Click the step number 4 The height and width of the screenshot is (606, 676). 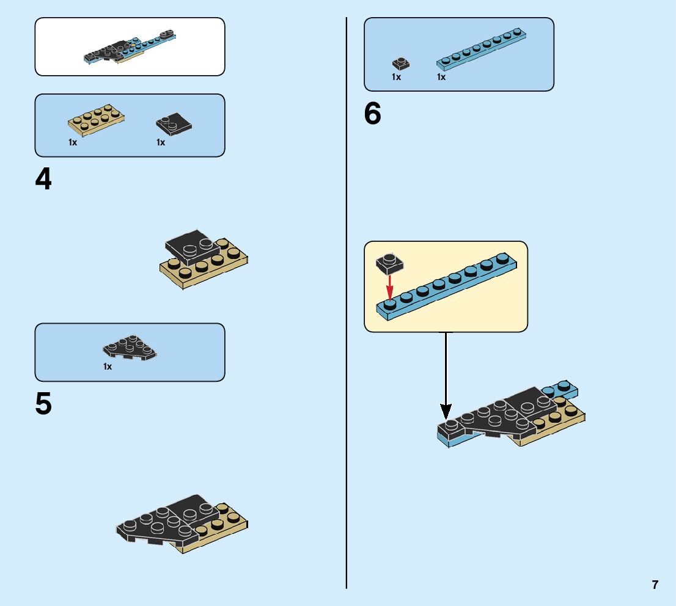[43, 180]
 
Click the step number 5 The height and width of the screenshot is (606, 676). [43, 404]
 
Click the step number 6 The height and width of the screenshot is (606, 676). [372, 114]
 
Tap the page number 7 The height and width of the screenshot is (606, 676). [655, 585]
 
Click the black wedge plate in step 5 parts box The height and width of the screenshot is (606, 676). [129, 348]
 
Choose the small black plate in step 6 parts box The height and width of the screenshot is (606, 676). [400, 63]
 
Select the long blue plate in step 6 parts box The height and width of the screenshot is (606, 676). [482, 49]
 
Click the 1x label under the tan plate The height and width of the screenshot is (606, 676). [73, 142]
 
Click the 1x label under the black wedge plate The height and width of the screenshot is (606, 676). [108, 367]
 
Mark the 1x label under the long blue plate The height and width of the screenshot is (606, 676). [441, 77]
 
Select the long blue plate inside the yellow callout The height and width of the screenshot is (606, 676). [449, 285]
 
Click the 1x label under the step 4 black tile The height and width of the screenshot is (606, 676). [161, 142]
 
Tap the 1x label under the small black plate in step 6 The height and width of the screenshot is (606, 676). [396, 77]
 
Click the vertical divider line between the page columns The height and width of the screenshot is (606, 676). [347, 305]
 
